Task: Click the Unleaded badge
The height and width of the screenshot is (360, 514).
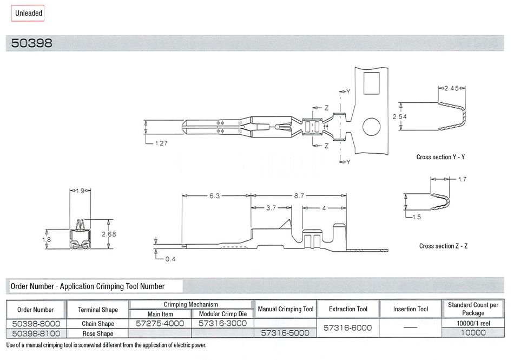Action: (x=28, y=13)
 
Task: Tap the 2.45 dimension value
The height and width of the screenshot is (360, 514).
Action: (x=452, y=88)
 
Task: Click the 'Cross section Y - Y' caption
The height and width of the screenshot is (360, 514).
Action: (x=440, y=157)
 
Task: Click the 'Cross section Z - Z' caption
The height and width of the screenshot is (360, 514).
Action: (x=443, y=246)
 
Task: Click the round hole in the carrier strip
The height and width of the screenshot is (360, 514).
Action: (x=372, y=128)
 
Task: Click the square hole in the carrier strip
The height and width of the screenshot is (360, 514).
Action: (x=371, y=84)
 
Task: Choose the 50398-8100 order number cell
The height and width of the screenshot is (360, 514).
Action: (x=36, y=333)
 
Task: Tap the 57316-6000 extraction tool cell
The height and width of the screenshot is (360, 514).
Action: (x=348, y=328)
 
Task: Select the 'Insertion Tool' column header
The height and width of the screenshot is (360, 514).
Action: (x=411, y=309)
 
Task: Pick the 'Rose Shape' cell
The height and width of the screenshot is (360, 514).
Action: (x=97, y=333)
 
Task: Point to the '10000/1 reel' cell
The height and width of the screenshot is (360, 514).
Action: (x=473, y=324)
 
